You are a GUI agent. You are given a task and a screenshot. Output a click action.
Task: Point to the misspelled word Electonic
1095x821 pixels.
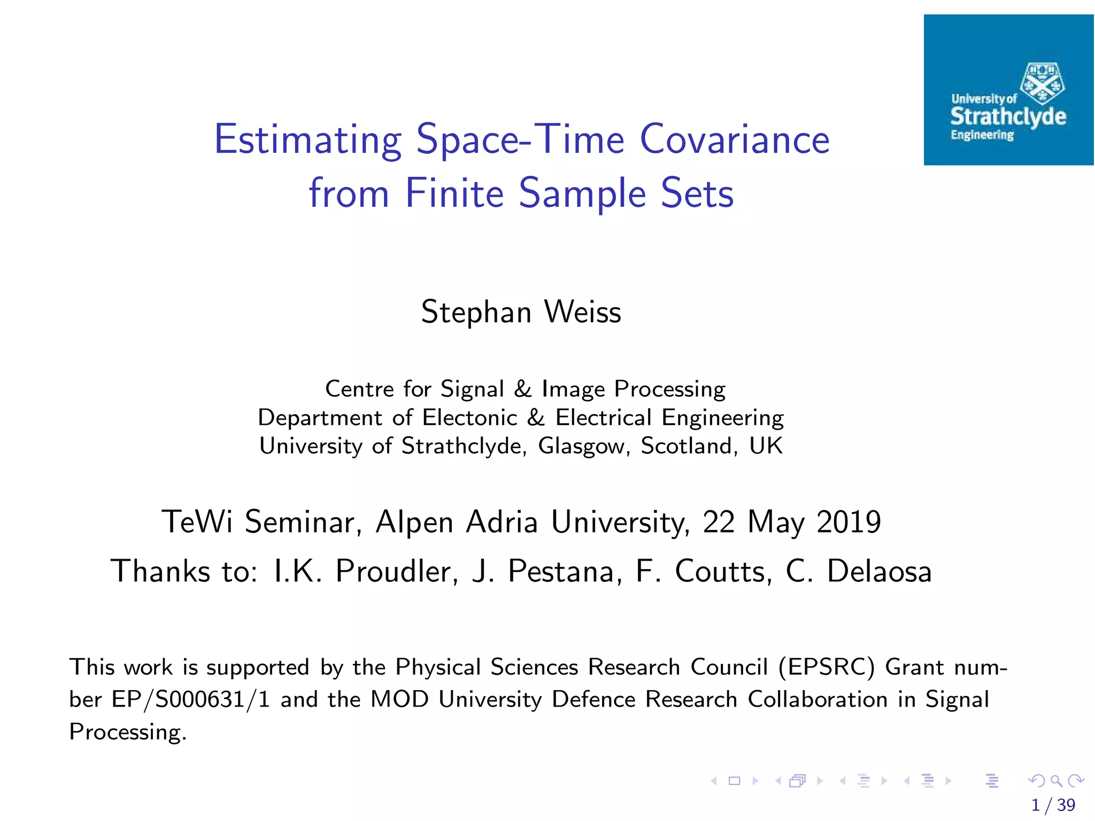469,418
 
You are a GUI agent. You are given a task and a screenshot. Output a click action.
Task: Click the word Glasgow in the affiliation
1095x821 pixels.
581,446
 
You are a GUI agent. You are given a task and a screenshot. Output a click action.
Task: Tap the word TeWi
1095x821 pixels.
197,522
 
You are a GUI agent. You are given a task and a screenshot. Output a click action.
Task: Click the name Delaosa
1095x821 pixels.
879,571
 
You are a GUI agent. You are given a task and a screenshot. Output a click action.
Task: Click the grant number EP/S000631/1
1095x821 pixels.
190,700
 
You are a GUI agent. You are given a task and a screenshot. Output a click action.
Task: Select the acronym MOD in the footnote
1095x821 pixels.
399,700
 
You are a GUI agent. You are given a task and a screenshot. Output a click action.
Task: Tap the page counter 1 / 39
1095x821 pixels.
1053,805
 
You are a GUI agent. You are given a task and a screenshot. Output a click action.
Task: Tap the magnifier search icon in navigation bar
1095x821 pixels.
1056,781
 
